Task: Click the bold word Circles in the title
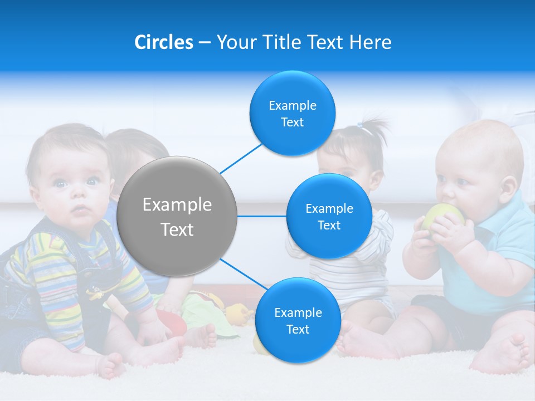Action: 163,42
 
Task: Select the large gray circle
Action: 177,216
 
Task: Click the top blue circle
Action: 292,114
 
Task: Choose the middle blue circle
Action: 329,216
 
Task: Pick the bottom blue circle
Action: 298,320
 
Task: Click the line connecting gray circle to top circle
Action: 241,158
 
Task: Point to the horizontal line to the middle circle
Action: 261,216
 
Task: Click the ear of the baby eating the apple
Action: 508,187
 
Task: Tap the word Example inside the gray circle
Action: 177,205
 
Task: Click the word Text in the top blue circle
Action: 292,123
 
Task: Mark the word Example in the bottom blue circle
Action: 298,312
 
